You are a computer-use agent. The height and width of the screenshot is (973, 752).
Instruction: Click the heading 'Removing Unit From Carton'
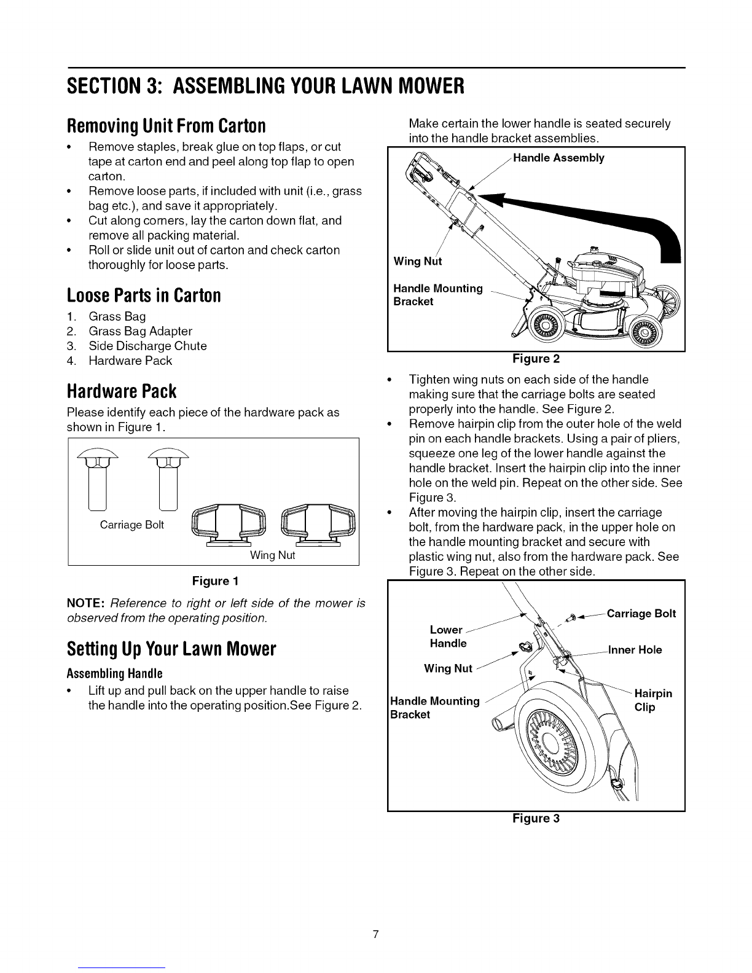(x=166, y=126)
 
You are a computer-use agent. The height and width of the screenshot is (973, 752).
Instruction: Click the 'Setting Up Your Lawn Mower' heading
(x=171, y=649)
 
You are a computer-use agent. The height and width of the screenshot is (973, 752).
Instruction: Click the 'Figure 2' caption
(x=536, y=358)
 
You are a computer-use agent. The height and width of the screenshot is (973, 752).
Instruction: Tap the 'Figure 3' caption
(x=536, y=818)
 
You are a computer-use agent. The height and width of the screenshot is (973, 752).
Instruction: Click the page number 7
(x=376, y=918)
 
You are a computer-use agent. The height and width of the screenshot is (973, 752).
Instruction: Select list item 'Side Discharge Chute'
(x=147, y=346)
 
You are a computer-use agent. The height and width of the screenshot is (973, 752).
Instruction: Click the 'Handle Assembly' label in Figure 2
(x=558, y=158)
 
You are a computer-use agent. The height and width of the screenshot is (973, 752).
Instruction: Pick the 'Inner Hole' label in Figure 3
(x=635, y=650)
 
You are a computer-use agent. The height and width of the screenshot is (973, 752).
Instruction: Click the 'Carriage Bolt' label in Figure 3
(x=641, y=614)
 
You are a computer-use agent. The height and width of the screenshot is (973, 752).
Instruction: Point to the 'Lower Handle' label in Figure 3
(x=448, y=636)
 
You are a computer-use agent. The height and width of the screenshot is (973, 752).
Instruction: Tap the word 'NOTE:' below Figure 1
(x=88, y=603)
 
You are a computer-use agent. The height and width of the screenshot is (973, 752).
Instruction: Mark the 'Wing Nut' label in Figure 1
(x=272, y=555)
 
